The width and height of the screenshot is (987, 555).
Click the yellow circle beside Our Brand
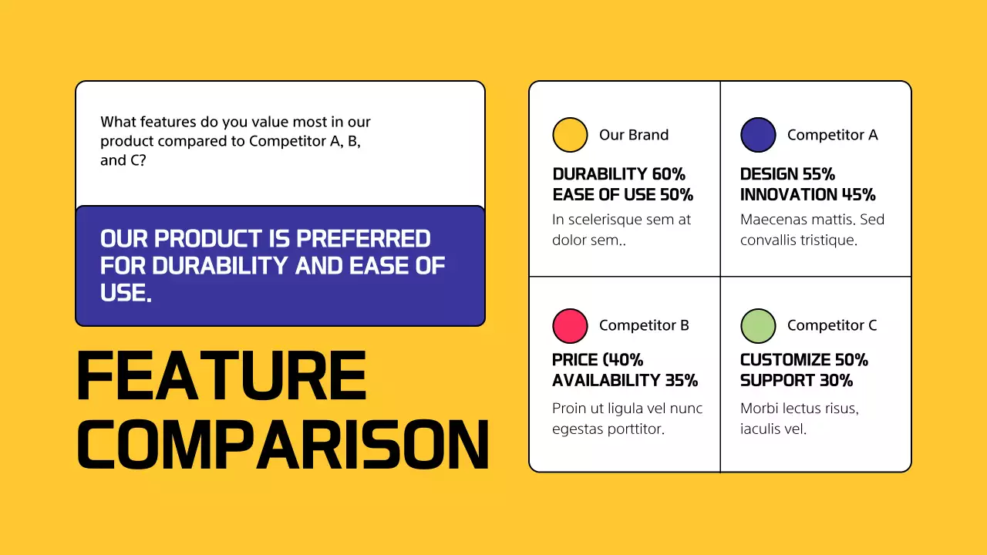tap(570, 135)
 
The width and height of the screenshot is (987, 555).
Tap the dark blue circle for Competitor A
tap(758, 135)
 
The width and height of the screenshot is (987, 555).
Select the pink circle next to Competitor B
tap(570, 325)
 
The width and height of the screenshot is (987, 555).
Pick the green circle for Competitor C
tap(758, 325)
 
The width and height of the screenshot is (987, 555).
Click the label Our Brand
tap(633, 135)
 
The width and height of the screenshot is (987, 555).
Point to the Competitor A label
tap(832, 135)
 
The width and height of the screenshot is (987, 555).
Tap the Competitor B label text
tap(644, 325)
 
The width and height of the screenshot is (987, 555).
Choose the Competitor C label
tap(832, 325)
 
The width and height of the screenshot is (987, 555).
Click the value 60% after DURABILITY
tap(669, 174)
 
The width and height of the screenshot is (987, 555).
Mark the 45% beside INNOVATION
tap(858, 194)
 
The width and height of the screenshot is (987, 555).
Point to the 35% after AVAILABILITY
tap(681, 380)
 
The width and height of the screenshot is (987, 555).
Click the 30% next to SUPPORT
tap(836, 380)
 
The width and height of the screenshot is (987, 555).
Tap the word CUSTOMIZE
tap(784, 360)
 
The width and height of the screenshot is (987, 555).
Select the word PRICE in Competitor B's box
tap(575, 360)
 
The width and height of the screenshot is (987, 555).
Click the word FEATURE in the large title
tap(221, 377)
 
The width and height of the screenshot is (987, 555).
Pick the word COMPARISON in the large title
tap(283, 445)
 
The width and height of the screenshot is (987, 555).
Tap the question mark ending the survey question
tap(143, 160)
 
